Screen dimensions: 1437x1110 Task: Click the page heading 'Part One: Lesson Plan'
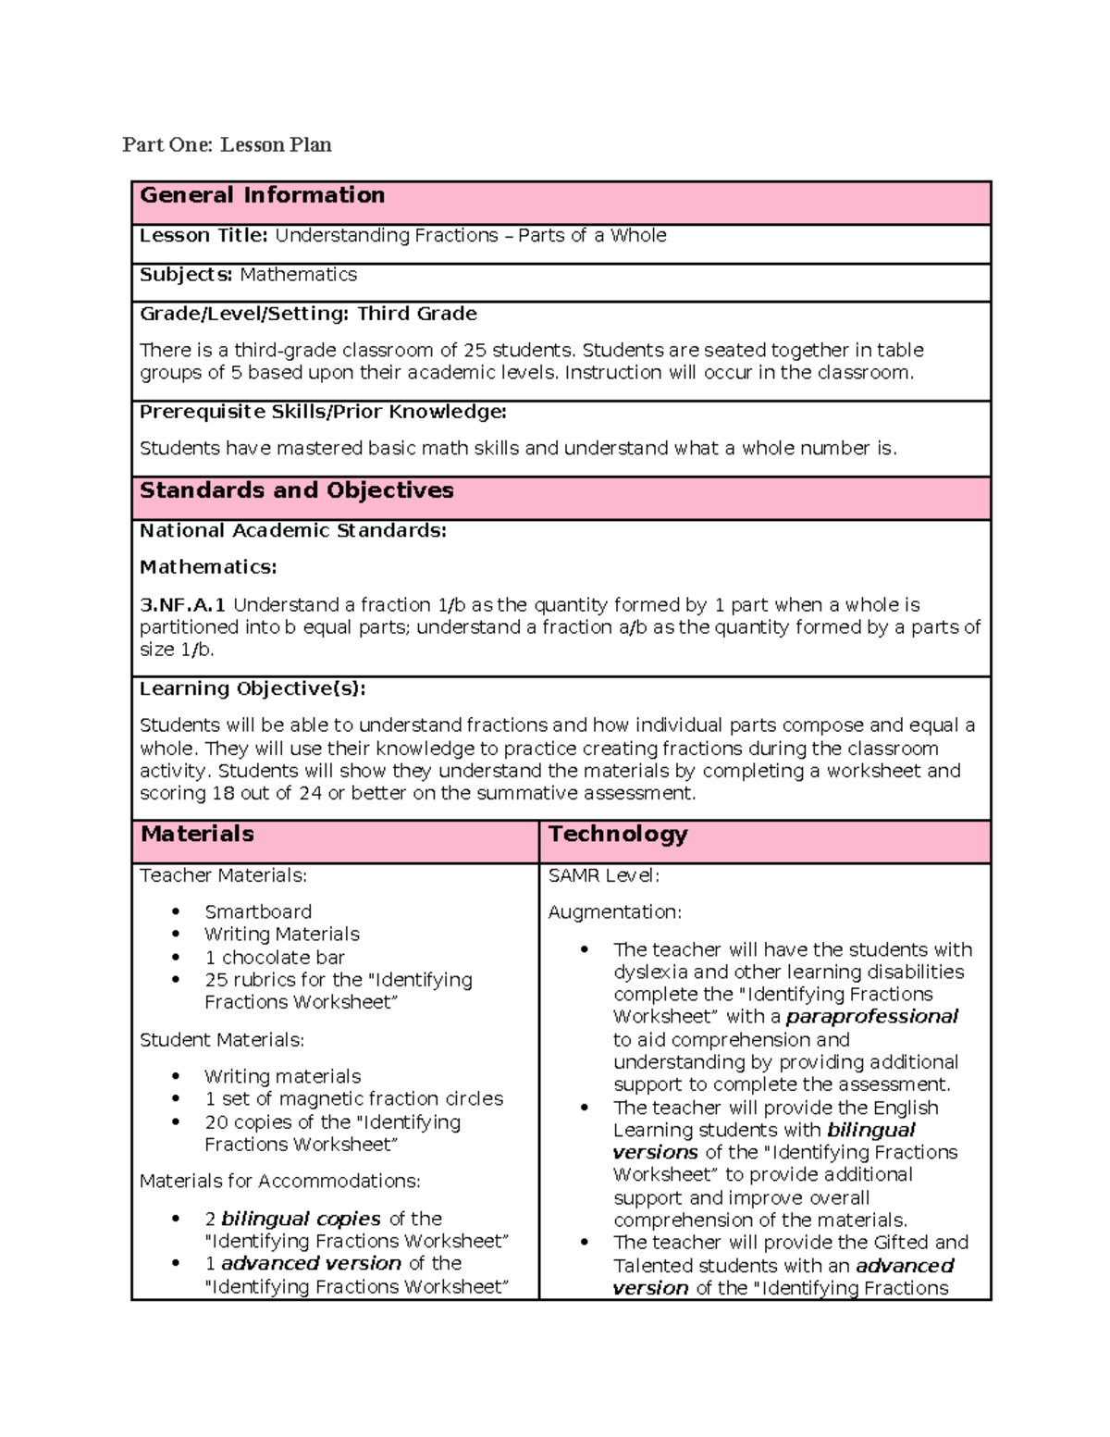(227, 144)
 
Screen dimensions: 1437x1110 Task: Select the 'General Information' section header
(262, 195)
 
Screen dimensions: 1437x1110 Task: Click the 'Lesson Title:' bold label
(203, 236)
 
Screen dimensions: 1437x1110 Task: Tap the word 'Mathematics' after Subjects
(298, 275)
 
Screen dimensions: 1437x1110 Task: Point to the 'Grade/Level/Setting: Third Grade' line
(308, 314)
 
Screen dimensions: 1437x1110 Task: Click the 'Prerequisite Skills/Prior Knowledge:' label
(323, 412)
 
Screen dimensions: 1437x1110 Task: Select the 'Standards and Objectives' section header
(296, 490)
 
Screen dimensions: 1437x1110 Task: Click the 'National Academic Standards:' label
(292, 531)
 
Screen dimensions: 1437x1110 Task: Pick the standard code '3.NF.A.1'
(182, 605)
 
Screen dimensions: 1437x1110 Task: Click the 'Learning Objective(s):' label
(253, 688)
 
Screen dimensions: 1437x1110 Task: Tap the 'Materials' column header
(197, 834)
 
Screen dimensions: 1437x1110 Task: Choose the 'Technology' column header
(618, 834)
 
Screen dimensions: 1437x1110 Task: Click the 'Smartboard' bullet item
(258, 911)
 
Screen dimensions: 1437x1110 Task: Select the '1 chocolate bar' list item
(275, 957)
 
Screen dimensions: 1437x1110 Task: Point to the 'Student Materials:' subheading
(221, 1040)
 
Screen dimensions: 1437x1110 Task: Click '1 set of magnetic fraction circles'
(353, 1098)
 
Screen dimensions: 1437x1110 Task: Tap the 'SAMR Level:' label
(603, 875)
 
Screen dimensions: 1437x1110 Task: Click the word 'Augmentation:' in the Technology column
(614, 912)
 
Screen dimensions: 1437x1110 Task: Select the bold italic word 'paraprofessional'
(871, 1017)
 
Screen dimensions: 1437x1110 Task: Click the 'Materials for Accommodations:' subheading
(279, 1181)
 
